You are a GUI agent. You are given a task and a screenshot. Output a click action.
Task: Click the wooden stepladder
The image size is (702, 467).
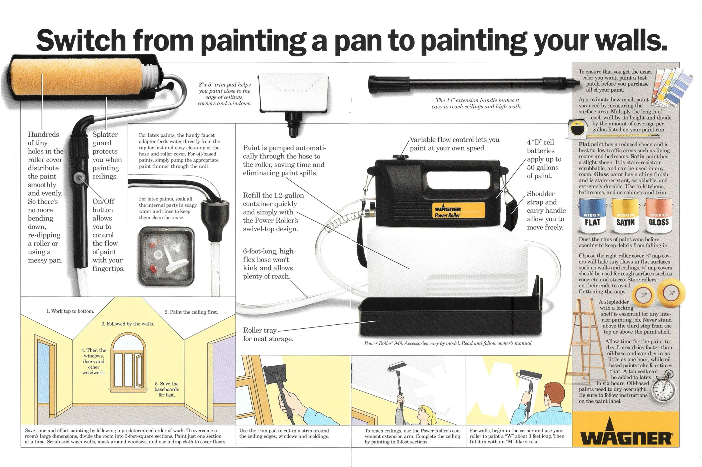(585, 342)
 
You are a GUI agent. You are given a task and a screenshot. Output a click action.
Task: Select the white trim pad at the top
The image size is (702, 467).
(293, 92)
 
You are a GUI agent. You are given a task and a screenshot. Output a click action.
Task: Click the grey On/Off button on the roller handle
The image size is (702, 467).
(80, 178)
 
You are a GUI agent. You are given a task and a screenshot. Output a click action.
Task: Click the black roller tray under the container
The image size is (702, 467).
(450, 319)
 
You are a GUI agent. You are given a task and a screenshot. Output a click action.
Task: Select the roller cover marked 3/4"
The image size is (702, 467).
(671, 293)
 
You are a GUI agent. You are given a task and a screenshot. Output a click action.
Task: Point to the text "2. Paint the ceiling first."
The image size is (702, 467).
(191, 312)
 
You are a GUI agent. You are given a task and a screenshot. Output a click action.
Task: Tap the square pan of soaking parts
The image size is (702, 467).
(166, 256)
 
